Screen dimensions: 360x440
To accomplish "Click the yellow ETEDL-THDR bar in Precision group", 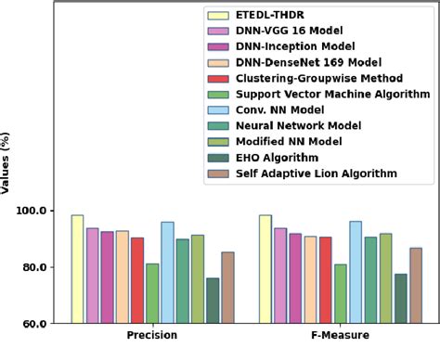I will (77, 269).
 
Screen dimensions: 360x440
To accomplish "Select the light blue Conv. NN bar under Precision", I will (167, 273).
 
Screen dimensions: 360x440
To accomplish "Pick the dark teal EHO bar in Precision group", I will (213, 301).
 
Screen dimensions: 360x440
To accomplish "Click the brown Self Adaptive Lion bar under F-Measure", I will (415, 286).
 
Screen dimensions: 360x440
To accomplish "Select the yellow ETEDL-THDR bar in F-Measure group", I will (265, 269).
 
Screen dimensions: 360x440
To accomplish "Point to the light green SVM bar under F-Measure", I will (341, 293).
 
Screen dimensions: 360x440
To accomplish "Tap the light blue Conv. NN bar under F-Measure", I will (356, 272).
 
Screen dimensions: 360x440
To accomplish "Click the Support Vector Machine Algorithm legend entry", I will (331, 94).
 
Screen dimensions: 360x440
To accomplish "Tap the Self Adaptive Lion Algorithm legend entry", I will (317, 173).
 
